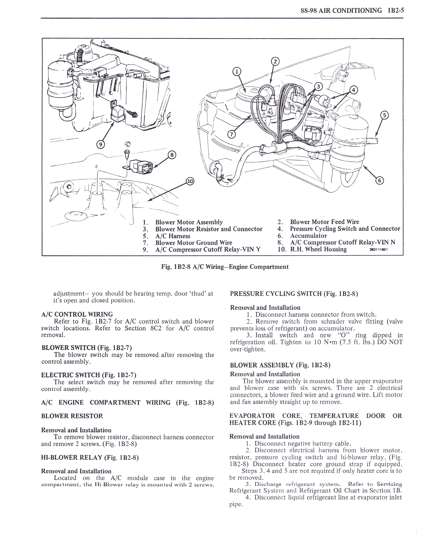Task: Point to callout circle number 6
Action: tap(380, 180)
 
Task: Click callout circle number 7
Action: tap(231, 135)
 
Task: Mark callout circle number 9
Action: tap(101, 145)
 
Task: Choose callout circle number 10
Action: tap(190, 181)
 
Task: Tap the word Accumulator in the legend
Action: tap(308, 236)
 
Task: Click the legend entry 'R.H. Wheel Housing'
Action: tap(318, 249)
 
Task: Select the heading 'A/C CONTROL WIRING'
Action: tap(77, 314)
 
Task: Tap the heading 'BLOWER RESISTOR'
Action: tap(72, 416)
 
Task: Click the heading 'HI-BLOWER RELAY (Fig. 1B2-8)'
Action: tap(90, 457)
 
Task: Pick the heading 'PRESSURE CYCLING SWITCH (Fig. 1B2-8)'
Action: tap(294, 294)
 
